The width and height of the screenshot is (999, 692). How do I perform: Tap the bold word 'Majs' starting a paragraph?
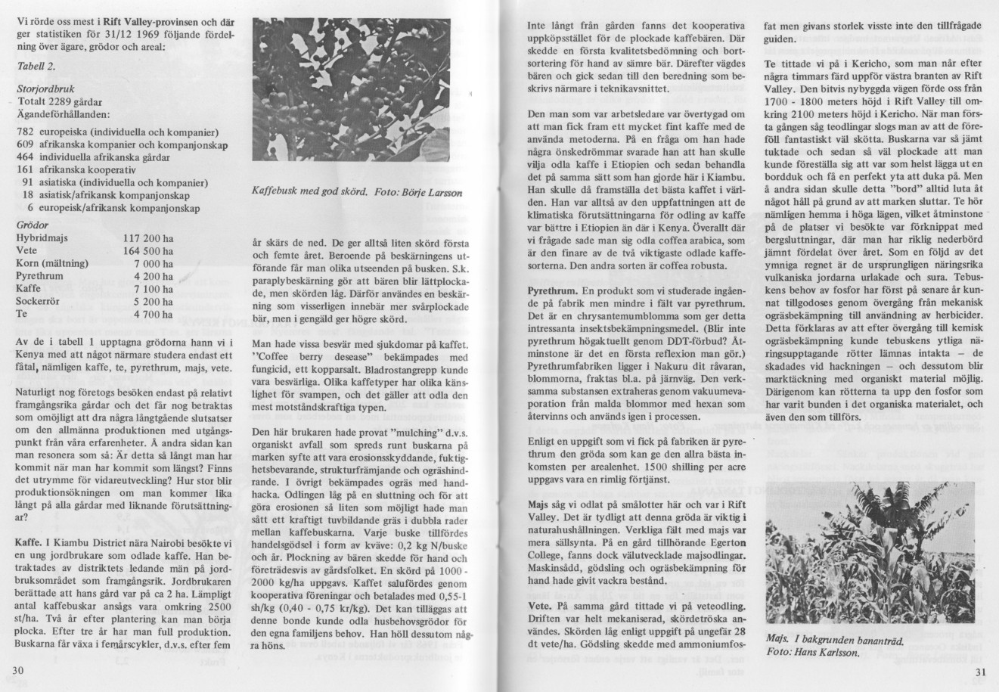point(538,503)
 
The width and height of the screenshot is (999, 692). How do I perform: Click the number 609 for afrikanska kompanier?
point(25,145)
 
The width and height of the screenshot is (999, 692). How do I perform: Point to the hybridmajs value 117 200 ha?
point(148,237)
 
